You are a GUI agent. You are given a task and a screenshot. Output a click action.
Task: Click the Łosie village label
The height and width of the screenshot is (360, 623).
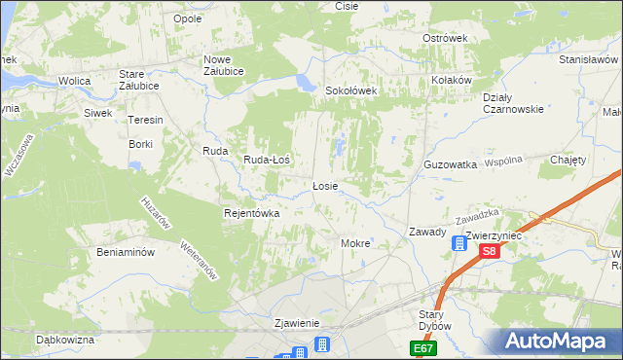324,186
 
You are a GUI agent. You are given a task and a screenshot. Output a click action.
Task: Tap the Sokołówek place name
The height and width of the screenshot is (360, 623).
350,90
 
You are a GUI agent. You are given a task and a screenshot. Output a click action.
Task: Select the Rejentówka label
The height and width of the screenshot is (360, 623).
251,213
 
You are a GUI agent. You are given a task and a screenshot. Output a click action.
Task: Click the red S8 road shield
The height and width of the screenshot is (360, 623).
490,251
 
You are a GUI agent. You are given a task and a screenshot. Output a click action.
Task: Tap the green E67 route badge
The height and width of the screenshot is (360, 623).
423,348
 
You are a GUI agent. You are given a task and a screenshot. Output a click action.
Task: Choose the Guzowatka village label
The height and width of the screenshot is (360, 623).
450,165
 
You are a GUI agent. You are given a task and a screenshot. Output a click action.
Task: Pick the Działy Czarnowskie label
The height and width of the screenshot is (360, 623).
513,103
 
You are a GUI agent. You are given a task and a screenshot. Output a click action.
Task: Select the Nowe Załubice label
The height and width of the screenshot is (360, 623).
223,65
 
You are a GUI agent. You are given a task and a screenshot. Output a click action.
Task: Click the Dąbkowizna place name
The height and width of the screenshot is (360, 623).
64,340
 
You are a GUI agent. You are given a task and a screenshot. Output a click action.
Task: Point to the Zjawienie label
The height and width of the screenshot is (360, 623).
297,323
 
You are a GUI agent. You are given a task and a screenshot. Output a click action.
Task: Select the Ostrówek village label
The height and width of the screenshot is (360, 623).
445,38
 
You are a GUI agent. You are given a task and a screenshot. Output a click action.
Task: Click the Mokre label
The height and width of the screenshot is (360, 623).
354,242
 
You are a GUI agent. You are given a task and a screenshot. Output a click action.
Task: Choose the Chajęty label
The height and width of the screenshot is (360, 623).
568,160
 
